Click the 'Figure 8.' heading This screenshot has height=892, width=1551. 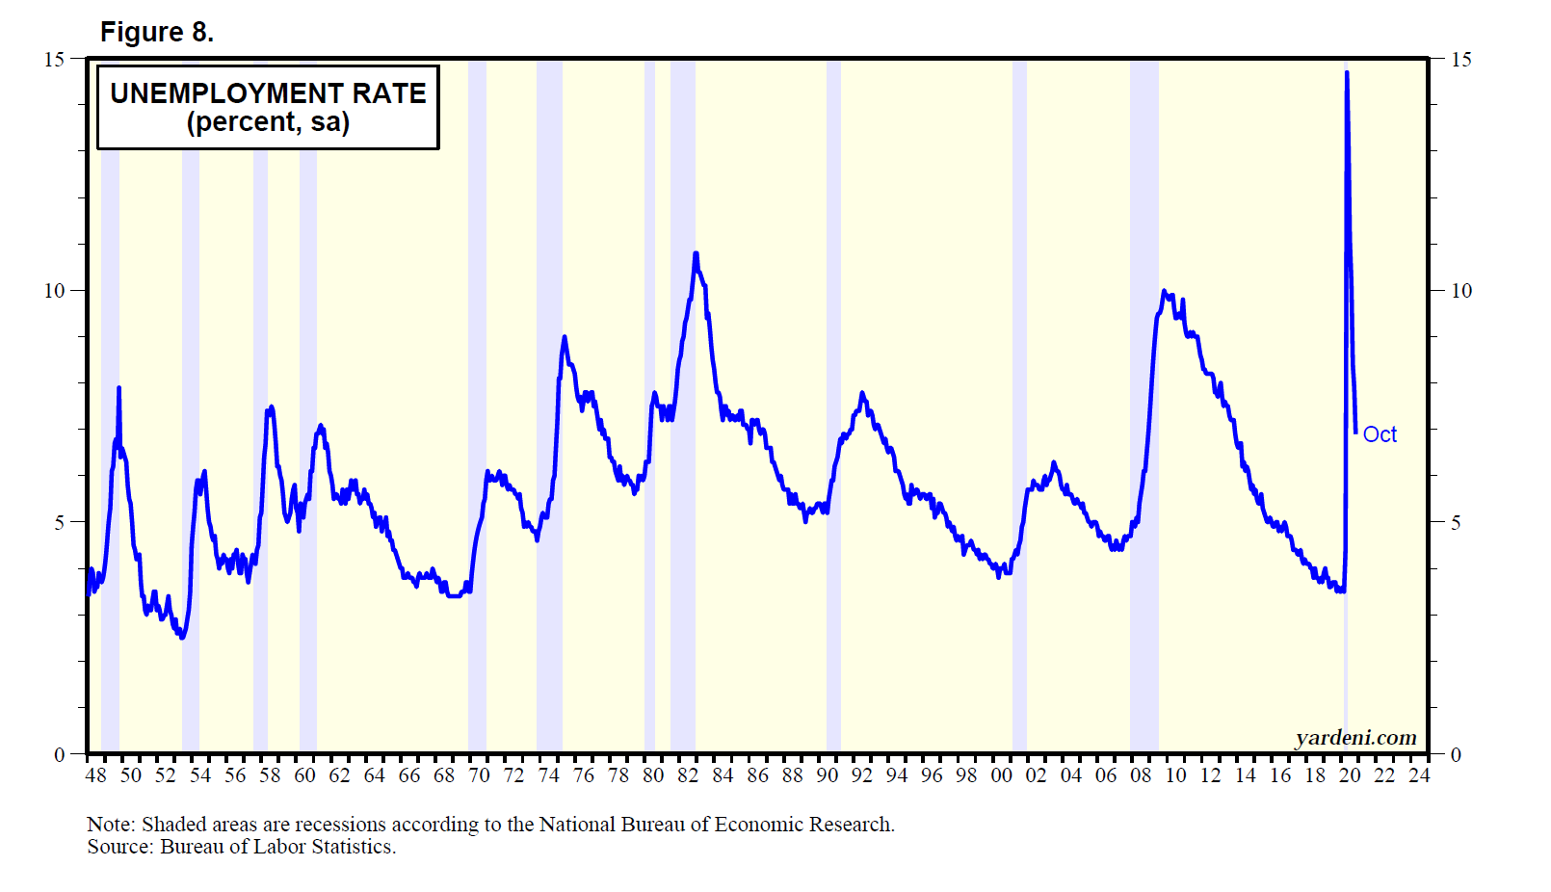click(x=156, y=33)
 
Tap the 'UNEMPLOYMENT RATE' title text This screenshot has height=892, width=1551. click(x=268, y=93)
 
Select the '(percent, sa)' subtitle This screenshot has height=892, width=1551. click(x=268, y=122)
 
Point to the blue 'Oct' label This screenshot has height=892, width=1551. click(x=1380, y=435)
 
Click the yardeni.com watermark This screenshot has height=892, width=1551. click(x=1355, y=738)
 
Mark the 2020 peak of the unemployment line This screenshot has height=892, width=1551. click(x=1347, y=73)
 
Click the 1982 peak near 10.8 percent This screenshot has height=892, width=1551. click(x=696, y=254)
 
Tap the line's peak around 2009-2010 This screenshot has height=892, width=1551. click(x=1164, y=291)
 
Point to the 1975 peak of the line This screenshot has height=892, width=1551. click(x=565, y=337)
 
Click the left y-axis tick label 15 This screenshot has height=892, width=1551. click(x=54, y=60)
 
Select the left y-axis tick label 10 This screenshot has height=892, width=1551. click(x=54, y=291)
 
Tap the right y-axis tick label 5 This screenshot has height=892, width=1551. click(x=1456, y=523)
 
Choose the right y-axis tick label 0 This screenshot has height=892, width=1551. click(x=1456, y=755)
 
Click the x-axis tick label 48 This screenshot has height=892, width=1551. click(x=96, y=775)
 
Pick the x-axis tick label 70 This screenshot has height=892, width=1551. click(x=479, y=775)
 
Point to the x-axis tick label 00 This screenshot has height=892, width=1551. click(x=1001, y=775)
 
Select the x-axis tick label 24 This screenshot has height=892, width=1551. click(x=1419, y=775)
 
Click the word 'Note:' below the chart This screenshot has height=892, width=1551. click(x=111, y=825)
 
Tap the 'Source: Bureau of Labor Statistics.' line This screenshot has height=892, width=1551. click(x=241, y=847)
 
